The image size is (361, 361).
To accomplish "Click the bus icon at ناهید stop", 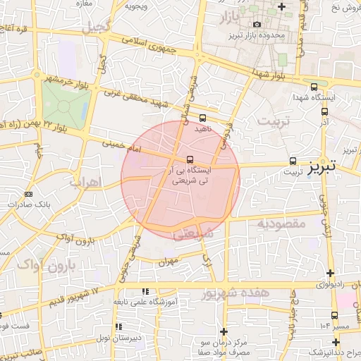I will (203, 118).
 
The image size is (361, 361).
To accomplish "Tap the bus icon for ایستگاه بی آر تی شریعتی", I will (190, 159).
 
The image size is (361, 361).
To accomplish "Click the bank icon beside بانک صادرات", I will (28, 194).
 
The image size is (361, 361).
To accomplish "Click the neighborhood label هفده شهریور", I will (227, 293).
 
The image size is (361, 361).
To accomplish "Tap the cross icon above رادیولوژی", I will (329, 274).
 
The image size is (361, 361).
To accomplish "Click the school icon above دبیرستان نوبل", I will (119, 326).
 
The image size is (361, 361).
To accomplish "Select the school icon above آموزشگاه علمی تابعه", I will (145, 291).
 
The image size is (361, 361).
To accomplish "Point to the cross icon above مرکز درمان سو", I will (224, 331).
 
